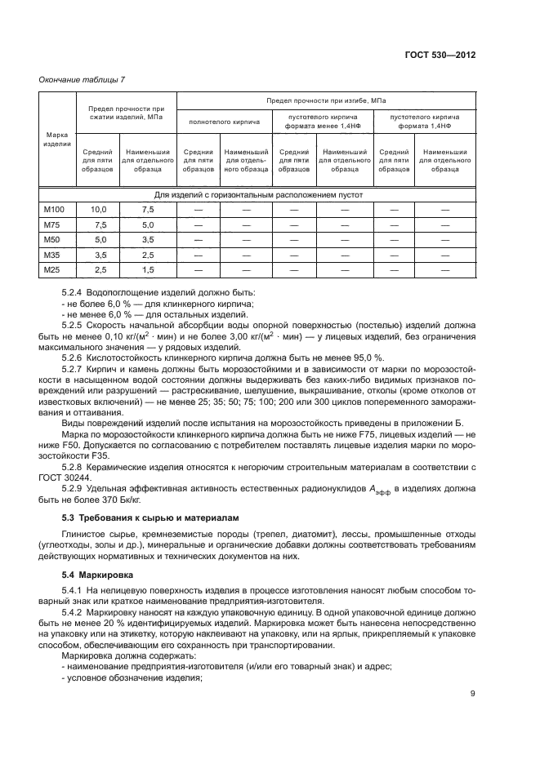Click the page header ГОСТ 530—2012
(x=440, y=53)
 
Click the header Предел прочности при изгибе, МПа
(x=326, y=100)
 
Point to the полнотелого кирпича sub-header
(x=225, y=122)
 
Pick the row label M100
(x=55, y=211)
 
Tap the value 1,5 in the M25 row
(x=147, y=270)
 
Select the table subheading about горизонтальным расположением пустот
(x=258, y=196)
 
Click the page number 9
(x=473, y=695)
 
